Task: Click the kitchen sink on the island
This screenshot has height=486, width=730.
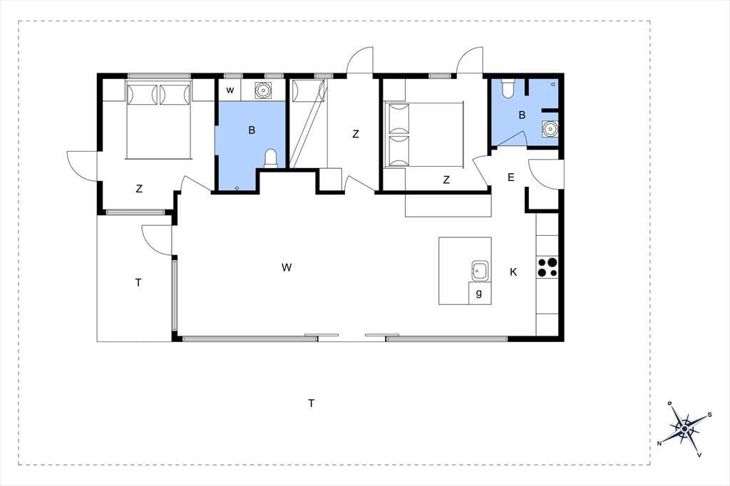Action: [480, 271]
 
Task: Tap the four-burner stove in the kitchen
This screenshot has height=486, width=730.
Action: [547, 267]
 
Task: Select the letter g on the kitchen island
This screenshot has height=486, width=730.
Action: [479, 294]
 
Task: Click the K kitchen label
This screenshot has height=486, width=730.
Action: [513, 272]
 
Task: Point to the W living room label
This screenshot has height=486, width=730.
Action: [287, 267]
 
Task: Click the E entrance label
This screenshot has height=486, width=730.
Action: [510, 177]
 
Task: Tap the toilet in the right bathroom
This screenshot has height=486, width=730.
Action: [507, 88]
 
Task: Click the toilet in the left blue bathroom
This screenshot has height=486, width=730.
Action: [270, 159]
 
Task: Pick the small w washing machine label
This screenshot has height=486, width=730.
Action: [230, 90]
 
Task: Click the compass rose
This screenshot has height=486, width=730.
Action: [684, 429]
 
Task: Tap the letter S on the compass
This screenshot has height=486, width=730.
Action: [709, 414]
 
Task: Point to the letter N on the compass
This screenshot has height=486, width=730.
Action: [659, 443]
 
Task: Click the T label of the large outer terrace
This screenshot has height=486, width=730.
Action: [312, 403]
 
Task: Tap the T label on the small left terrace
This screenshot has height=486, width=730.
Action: [138, 283]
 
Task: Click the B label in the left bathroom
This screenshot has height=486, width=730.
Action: [252, 130]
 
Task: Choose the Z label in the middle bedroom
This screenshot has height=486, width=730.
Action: [356, 134]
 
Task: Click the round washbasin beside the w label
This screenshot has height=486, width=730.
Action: [263, 90]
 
